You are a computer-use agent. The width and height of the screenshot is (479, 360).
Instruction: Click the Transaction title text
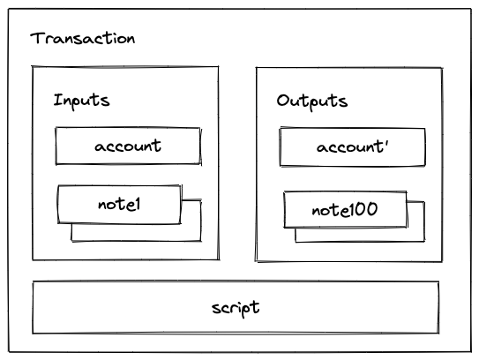(83, 39)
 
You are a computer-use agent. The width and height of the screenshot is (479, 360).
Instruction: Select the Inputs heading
(81, 101)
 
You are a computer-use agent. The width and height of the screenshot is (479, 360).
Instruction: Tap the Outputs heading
(312, 101)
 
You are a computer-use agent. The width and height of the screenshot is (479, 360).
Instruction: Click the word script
(236, 308)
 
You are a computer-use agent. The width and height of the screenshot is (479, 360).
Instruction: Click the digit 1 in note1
(137, 204)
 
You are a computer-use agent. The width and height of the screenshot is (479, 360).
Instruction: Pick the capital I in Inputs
(57, 100)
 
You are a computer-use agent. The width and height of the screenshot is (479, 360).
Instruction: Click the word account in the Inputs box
(128, 146)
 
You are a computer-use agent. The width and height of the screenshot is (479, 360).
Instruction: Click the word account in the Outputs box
(350, 147)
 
